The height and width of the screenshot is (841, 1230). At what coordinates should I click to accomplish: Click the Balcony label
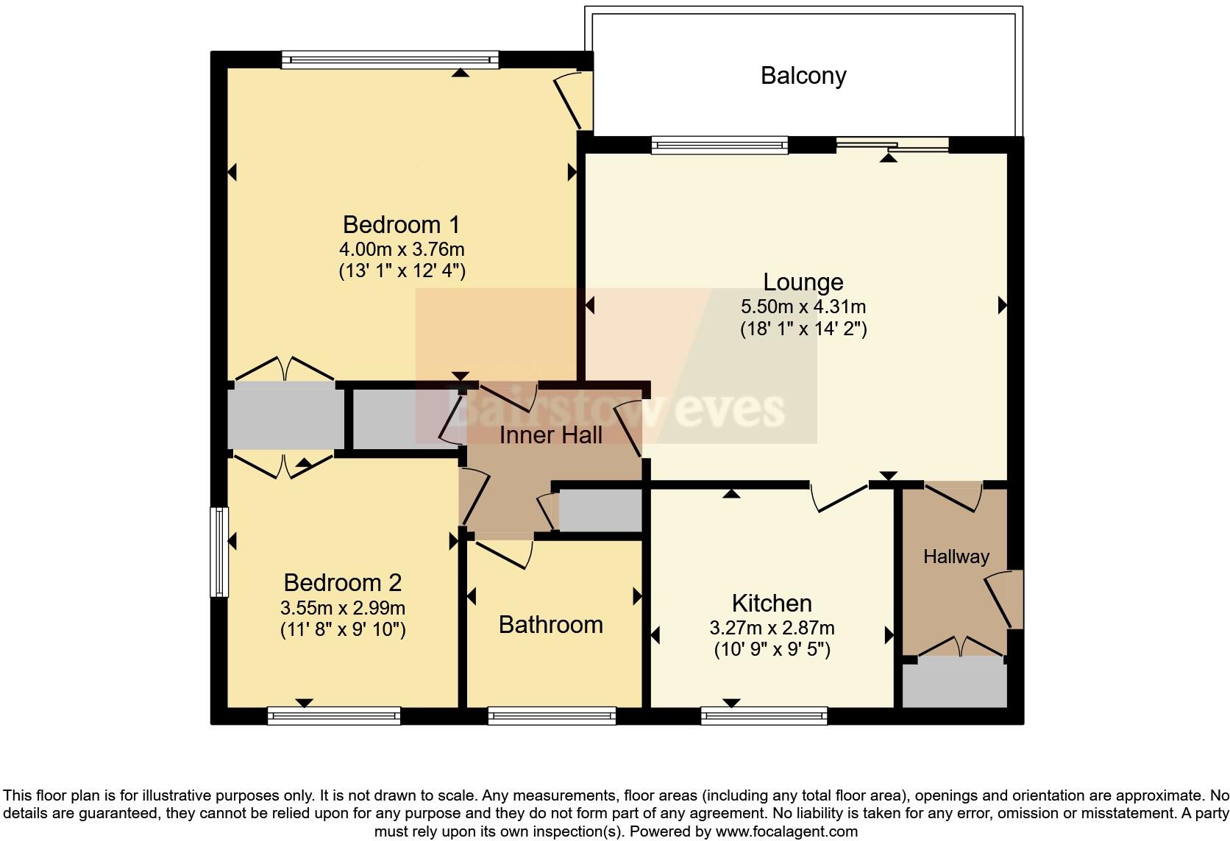click(803, 76)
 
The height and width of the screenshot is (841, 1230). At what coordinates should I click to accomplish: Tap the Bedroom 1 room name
click(401, 224)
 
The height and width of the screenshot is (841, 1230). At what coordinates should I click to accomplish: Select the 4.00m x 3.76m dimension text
click(401, 249)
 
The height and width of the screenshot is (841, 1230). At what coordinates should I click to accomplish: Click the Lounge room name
click(803, 282)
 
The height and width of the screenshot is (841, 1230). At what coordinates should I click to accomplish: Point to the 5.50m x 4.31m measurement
click(803, 307)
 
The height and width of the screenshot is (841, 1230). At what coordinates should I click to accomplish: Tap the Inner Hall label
click(550, 435)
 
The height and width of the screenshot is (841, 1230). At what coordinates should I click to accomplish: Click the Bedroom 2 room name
click(342, 583)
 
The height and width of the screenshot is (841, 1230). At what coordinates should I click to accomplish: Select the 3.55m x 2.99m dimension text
click(342, 609)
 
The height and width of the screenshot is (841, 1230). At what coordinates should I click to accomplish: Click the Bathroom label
click(550, 625)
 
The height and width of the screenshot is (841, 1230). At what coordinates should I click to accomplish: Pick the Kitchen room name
click(772, 604)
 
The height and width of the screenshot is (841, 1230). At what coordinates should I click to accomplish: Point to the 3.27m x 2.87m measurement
click(772, 629)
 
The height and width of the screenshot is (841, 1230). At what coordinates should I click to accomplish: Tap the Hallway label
click(956, 557)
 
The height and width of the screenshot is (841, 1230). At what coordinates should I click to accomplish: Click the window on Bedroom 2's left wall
click(218, 551)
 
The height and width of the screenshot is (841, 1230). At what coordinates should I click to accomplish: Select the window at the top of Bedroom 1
click(390, 60)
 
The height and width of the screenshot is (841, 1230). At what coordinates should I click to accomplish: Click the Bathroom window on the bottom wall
click(552, 715)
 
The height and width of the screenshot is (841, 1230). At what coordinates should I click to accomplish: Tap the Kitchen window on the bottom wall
click(764, 715)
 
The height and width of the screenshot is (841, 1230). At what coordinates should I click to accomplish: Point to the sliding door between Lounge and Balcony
click(892, 145)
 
